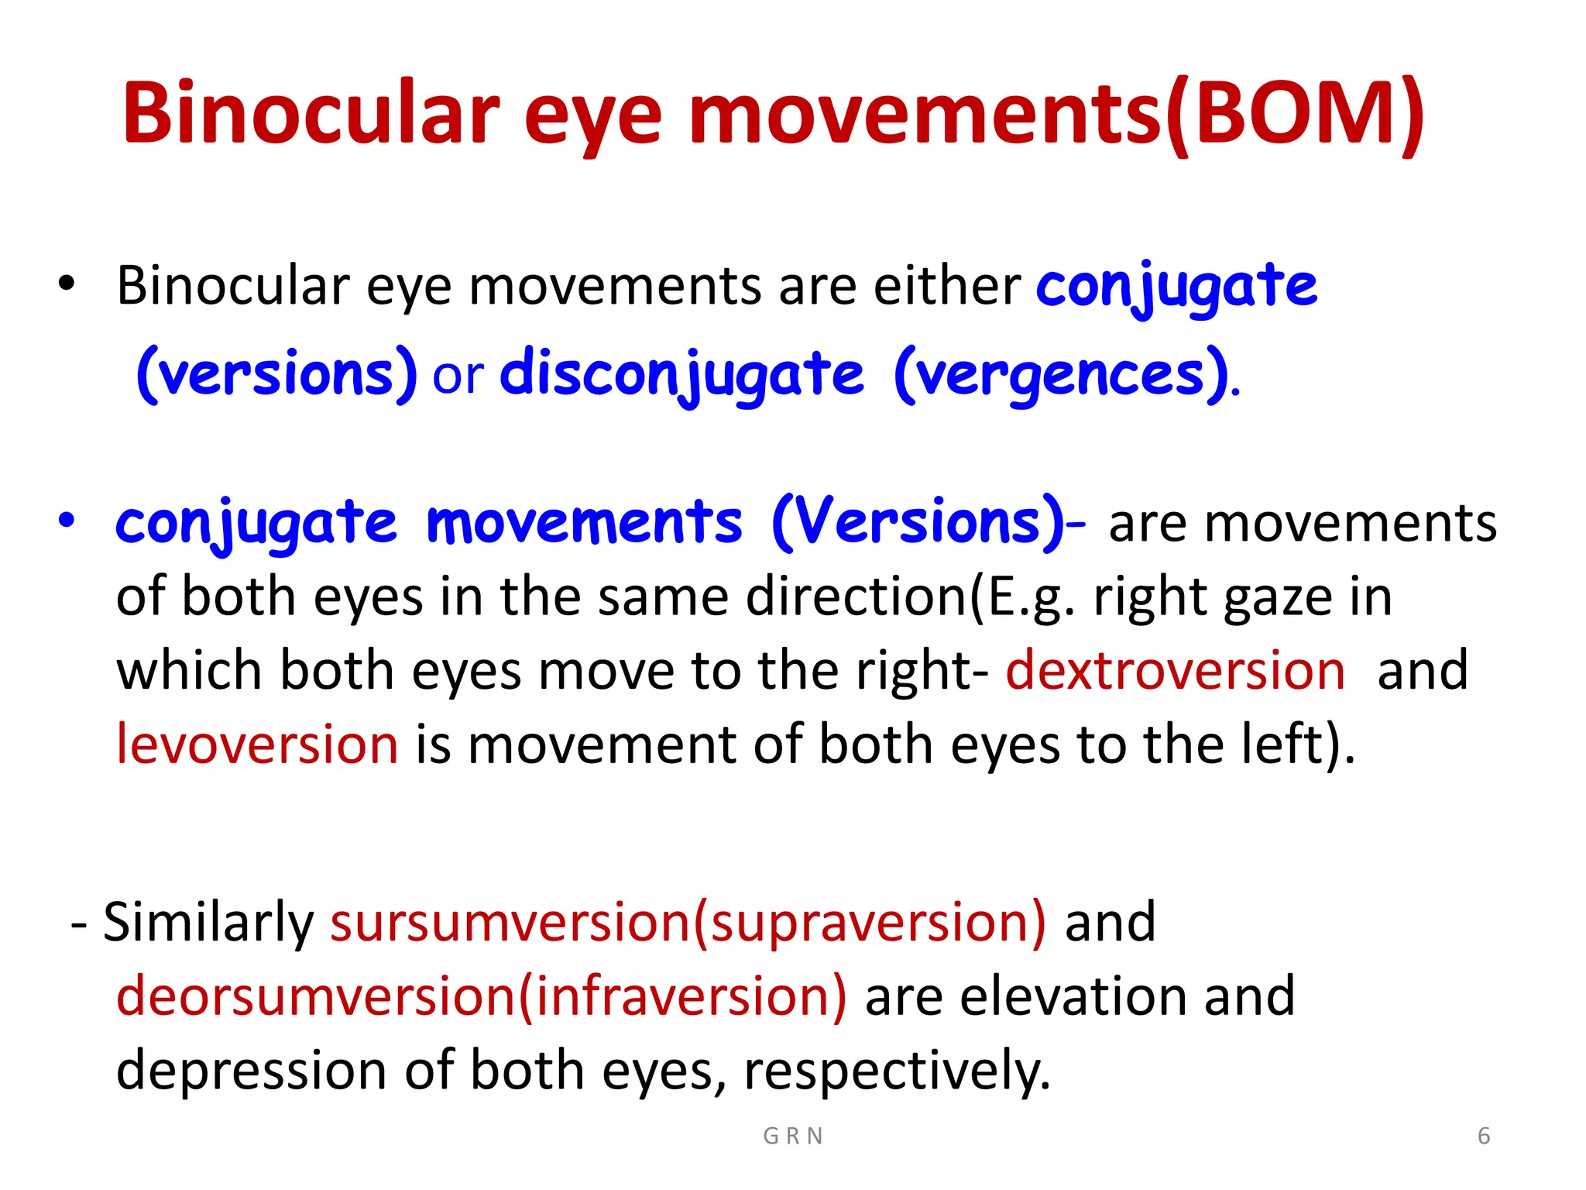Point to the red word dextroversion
tap(1175, 670)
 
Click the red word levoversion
tap(257, 745)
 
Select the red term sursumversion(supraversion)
tap(688, 922)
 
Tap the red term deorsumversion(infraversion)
tap(481, 996)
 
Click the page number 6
tap(1484, 1136)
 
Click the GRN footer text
tap(793, 1136)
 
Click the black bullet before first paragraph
tap(67, 284)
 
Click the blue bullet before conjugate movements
tap(67, 521)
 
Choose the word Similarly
tap(208, 922)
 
